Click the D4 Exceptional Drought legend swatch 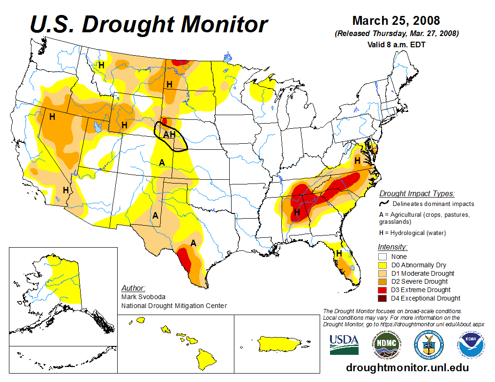[x=382, y=298]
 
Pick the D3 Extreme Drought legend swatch [x=382, y=290]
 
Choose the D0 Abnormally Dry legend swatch [x=382, y=265]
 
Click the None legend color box [x=382, y=257]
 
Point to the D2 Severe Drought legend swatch [x=382, y=281]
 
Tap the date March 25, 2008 [x=396, y=21]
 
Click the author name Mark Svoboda [x=143, y=297]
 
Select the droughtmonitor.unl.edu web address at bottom [x=407, y=367]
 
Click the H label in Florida [x=338, y=253]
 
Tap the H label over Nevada [x=52, y=117]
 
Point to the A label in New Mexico [x=155, y=216]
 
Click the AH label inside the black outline [x=169, y=135]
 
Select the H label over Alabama [x=296, y=213]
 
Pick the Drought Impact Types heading [x=417, y=193]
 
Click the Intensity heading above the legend [x=392, y=247]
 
